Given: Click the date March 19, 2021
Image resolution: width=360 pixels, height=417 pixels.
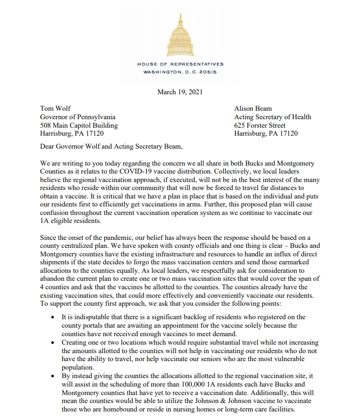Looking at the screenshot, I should pos(180,92).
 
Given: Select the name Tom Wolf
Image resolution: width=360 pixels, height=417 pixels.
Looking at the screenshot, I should pos(56,109).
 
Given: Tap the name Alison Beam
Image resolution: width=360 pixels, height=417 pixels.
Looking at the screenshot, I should pos(254,109).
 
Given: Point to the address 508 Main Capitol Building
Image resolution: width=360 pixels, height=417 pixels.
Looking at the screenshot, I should pos(79,125).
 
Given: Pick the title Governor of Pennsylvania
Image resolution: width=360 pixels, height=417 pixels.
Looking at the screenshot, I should pos(78,117).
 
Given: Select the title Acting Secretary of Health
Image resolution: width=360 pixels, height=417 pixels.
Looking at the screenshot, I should pos(272,117).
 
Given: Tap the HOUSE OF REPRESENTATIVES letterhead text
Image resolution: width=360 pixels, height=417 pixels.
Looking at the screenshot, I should pos(180,64).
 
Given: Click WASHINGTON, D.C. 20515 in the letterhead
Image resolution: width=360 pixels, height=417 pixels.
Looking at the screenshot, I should pos(180,72).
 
